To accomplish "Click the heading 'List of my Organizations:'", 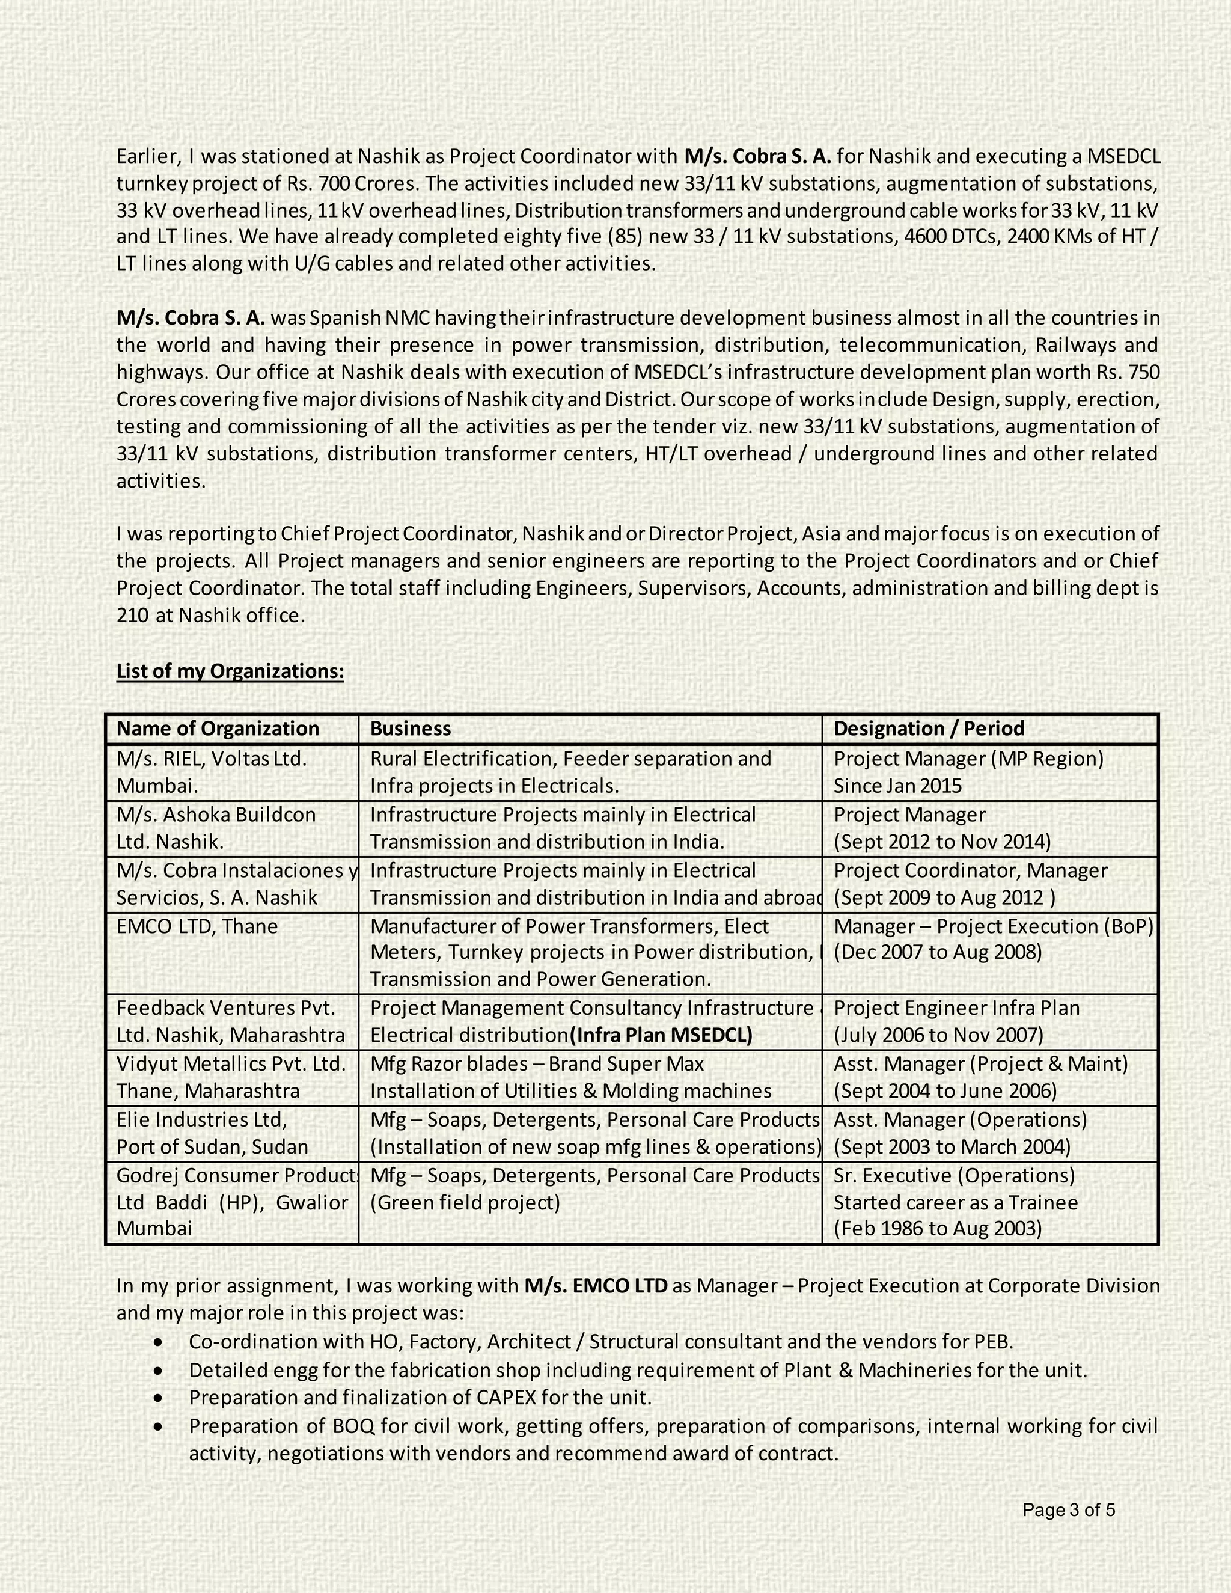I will coord(230,671).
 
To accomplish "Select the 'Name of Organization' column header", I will coord(218,729).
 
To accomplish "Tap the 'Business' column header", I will coord(411,729).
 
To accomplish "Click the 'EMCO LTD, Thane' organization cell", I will coord(197,926).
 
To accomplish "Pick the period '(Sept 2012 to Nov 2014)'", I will coord(942,842).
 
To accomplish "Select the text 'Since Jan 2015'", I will coord(897,786).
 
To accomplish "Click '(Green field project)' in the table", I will coord(465,1202).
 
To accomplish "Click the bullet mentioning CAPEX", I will coord(420,1398).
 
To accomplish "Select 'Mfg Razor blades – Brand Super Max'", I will coord(537,1064).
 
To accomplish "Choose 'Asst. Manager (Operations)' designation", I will coord(960,1120).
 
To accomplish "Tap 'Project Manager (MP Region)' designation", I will coord(968,759).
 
